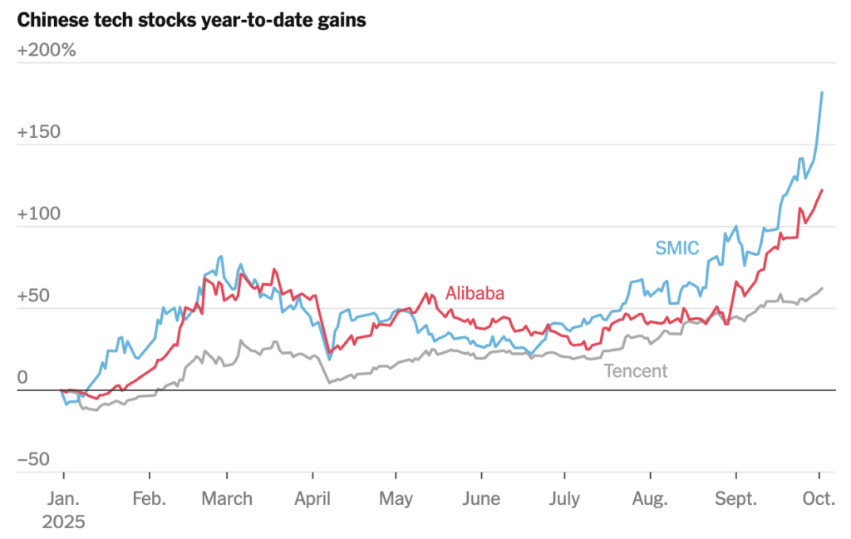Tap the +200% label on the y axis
click(x=47, y=50)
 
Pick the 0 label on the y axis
click(x=22, y=378)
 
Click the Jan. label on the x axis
click(x=63, y=499)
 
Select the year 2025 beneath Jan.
click(x=63, y=522)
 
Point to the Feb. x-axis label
click(x=149, y=499)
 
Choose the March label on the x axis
click(x=227, y=499)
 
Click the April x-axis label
click(x=312, y=499)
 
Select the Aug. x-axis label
click(x=650, y=499)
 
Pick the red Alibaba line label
click(x=475, y=292)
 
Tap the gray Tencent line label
click(x=635, y=370)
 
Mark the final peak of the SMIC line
click(x=822, y=92)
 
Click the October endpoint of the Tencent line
click(x=822, y=289)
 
